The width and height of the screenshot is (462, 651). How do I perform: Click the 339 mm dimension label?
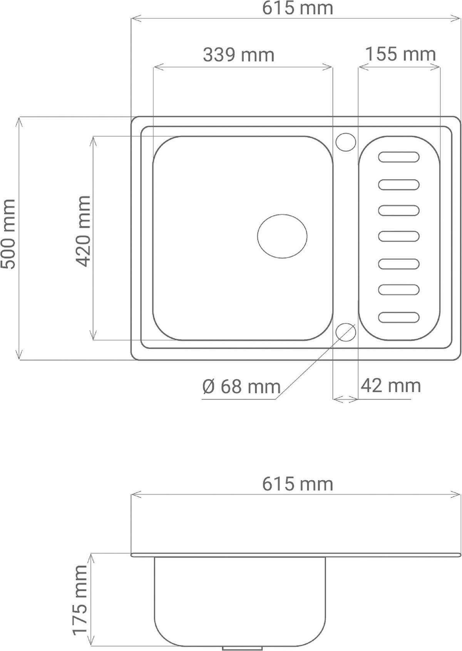[238, 55]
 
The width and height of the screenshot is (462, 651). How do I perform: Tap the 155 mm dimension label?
[400, 54]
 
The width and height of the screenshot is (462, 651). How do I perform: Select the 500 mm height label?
[8, 234]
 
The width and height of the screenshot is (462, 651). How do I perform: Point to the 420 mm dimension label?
[83, 231]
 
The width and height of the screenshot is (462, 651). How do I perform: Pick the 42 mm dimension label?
[390, 386]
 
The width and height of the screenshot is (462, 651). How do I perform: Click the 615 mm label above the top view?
[297, 8]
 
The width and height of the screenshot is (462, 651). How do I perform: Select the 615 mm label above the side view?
[297, 484]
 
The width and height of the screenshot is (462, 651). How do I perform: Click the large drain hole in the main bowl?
[282, 236]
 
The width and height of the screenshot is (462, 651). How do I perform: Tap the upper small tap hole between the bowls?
[346, 142]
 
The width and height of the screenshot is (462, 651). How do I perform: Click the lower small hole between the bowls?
[346, 332]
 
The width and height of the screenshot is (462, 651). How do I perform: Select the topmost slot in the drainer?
[399, 157]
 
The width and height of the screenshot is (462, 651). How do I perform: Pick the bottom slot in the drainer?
[399, 317]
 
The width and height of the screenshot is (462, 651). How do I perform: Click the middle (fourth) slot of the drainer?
[399, 236]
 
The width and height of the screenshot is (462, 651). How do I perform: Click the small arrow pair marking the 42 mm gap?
[345, 399]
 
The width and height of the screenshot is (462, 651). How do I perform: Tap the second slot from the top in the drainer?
[399, 185]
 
